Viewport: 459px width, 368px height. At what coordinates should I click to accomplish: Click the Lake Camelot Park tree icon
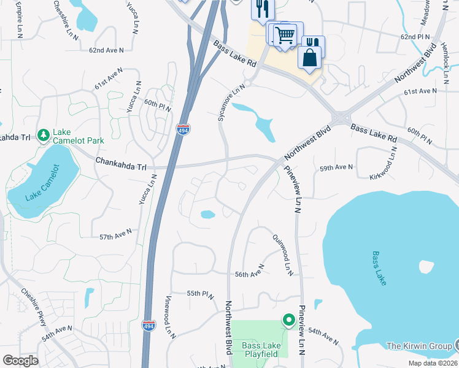click(43, 134)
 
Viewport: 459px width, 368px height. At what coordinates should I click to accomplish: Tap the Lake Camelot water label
click(42, 182)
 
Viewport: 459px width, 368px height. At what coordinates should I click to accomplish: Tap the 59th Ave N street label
click(336, 167)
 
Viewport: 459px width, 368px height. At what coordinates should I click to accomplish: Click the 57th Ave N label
click(115, 235)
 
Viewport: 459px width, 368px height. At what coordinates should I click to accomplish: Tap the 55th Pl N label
click(200, 295)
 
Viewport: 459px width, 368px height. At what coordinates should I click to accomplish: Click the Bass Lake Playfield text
click(261, 350)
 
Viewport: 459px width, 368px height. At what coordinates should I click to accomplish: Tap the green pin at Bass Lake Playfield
click(287, 320)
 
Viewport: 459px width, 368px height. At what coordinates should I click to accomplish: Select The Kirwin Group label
click(419, 346)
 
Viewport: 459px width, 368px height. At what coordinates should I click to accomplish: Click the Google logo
click(20, 361)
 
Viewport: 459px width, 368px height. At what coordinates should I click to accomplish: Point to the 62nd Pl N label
click(416, 37)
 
